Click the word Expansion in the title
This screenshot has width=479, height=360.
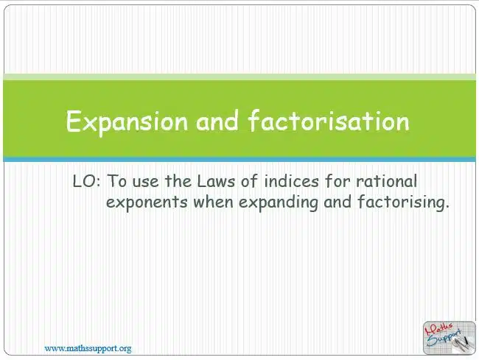tap(127, 122)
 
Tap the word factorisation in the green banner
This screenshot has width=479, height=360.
tap(329, 121)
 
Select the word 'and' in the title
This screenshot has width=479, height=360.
tap(217, 121)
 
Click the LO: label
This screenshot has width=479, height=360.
tap(86, 181)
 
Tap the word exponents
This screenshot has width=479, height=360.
tap(147, 202)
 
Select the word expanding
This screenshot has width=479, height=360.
tap(278, 202)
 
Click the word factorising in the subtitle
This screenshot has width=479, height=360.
tap(403, 202)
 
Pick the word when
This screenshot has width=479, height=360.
tap(213, 202)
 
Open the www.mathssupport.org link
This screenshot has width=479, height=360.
tap(88, 348)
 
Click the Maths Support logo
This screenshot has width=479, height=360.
tap(450, 338)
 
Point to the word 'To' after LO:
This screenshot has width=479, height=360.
tap(116, 181)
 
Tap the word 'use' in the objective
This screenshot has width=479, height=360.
tap(146, 183)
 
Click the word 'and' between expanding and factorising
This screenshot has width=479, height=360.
tap(338, 202)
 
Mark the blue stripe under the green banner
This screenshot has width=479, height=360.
tap(239, 159)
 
